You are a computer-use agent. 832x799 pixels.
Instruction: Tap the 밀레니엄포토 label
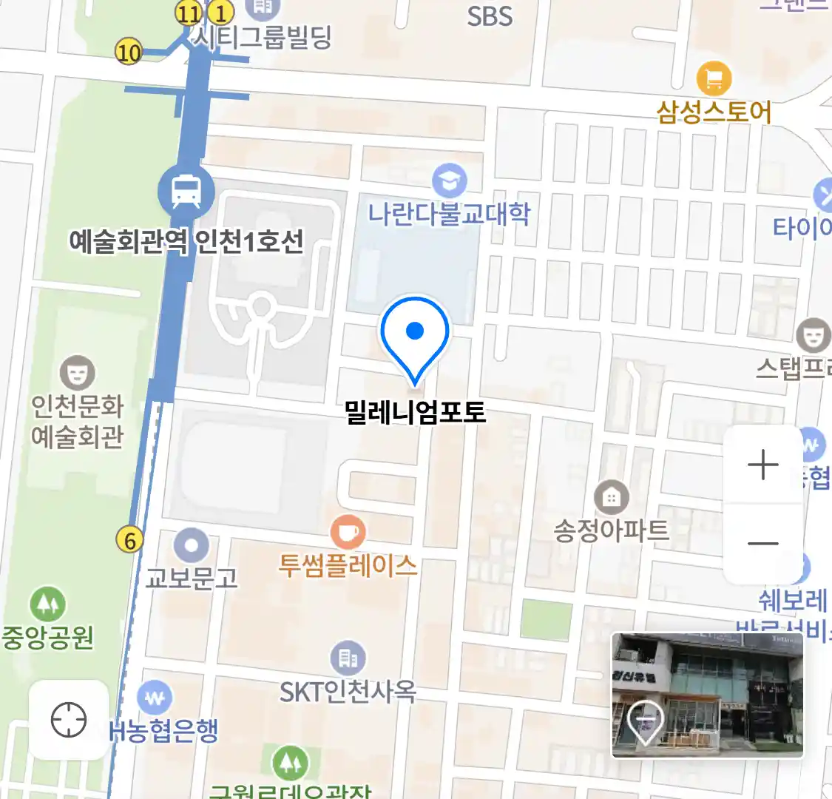point(416,412)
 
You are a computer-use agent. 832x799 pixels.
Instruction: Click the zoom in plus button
point(763,465)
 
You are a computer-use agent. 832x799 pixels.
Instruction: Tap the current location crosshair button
point(69,720)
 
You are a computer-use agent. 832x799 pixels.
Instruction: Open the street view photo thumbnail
point(707,695)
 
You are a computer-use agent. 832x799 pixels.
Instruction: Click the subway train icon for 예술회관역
point(186,192)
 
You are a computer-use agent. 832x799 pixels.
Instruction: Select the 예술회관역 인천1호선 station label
point(186,241)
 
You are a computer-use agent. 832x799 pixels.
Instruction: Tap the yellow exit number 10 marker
point(129,53)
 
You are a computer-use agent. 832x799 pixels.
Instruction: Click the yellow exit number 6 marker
point(130,541)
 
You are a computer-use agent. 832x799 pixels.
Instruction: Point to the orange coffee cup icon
point(348,531)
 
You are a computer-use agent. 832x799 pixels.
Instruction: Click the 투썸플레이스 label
point(348,567)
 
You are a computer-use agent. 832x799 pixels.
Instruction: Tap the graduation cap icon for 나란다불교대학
point(449,181)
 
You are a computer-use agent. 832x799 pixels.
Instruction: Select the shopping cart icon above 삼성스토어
point(714,78)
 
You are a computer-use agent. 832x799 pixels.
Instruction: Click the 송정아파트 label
point(612,530)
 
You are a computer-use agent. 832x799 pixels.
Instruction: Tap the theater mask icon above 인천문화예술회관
point(77,372)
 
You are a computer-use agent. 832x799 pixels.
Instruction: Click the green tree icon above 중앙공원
point(48,604)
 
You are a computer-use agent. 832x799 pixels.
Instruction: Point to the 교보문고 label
point(192,577)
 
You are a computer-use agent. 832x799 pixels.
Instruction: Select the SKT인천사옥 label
point(348,692)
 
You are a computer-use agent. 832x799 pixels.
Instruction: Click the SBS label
point(490,16)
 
